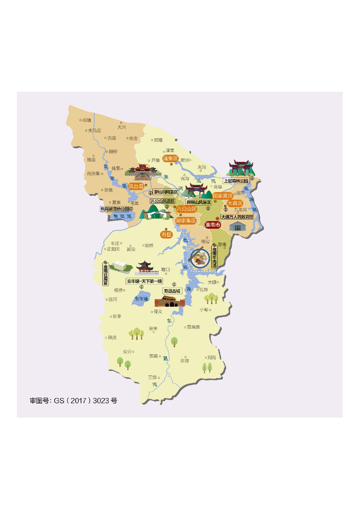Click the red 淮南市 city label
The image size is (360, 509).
pyautogui.click(x=213, y=225)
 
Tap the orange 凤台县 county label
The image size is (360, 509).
pyautogui.click(x=136, y=186)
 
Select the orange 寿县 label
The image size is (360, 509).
pyautogui.click(x=166, y=234)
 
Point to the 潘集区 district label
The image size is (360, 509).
pyautogui.click(x=170, y=158)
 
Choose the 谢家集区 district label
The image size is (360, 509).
pyautogui.click(x=186, y=221)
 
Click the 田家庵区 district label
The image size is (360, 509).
pyautogui.click(x=223, y=196)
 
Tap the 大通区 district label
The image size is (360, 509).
pyautogui.click(x=235, y=203)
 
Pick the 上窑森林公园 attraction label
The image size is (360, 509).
pyautogui.click(x=236, y=181)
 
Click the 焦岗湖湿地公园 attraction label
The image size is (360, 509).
pyautogui.click(x=115, y=209)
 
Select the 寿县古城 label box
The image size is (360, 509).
pyautogui.click(x=172, y=291)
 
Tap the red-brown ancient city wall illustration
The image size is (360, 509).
pyautogui.click(x=170, y=302)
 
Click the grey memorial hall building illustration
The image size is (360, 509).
pyautogui.click(x=238, y=226)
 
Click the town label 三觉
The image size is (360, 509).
pyautogui.click(x=152, y=377)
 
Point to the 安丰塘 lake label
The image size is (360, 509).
pyautogui.click(x=141, y=299)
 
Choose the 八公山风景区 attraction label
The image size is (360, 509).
pyautogui.click(x=163, y=201)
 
